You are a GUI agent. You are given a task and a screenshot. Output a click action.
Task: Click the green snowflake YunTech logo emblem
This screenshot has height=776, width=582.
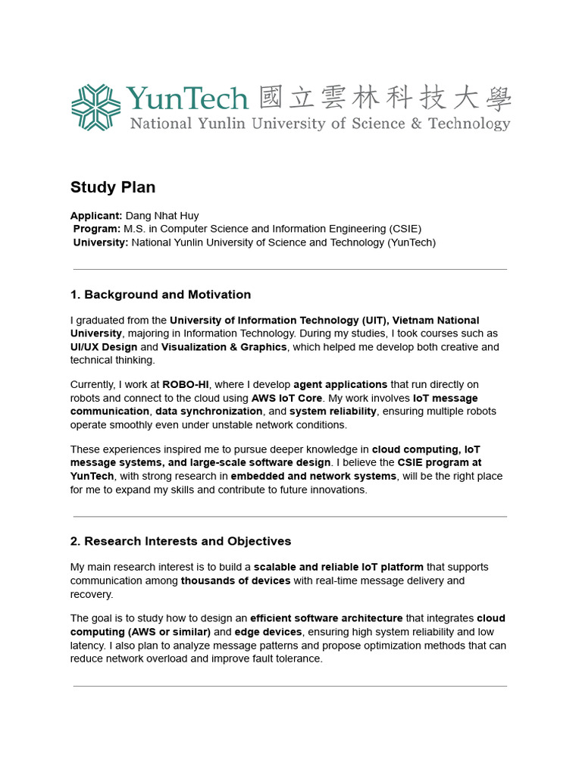coord(95,107)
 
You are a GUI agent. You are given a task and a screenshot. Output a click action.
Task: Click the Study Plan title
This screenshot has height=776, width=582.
coord(113,187)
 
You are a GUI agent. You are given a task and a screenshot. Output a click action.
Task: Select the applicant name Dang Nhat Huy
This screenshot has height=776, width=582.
coord(161,215)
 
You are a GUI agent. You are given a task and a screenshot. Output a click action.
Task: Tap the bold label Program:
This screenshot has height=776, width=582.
coord(97,229)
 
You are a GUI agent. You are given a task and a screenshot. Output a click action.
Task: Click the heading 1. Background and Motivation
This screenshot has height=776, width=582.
coord(161,295)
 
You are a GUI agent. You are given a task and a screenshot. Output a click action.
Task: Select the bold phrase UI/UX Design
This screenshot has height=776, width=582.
coord(104,347)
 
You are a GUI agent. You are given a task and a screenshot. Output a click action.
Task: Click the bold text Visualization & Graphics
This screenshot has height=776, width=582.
coord(224,347)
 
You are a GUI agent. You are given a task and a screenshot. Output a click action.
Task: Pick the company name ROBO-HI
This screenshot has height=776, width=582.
coord(186,385)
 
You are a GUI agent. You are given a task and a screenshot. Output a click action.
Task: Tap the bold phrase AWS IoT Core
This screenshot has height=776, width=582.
coord(287,399)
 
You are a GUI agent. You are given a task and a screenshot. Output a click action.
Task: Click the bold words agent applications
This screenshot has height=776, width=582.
coord(340,385)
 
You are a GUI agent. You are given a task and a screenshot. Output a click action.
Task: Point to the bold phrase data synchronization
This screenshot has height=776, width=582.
coord(209,411)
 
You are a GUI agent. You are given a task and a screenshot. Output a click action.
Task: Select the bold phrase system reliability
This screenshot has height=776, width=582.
coord(333,411)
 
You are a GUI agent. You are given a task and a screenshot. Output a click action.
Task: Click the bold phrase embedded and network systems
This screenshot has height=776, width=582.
coord(314,477)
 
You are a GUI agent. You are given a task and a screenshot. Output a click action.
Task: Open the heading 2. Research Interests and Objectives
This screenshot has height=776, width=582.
coord(180,542)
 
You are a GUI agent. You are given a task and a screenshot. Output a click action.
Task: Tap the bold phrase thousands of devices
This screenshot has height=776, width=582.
coord(236,581)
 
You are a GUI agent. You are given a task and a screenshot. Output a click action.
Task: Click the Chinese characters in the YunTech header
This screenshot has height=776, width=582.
coord(385,99)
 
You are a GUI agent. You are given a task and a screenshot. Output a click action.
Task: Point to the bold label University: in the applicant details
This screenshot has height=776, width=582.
coord(101,242)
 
